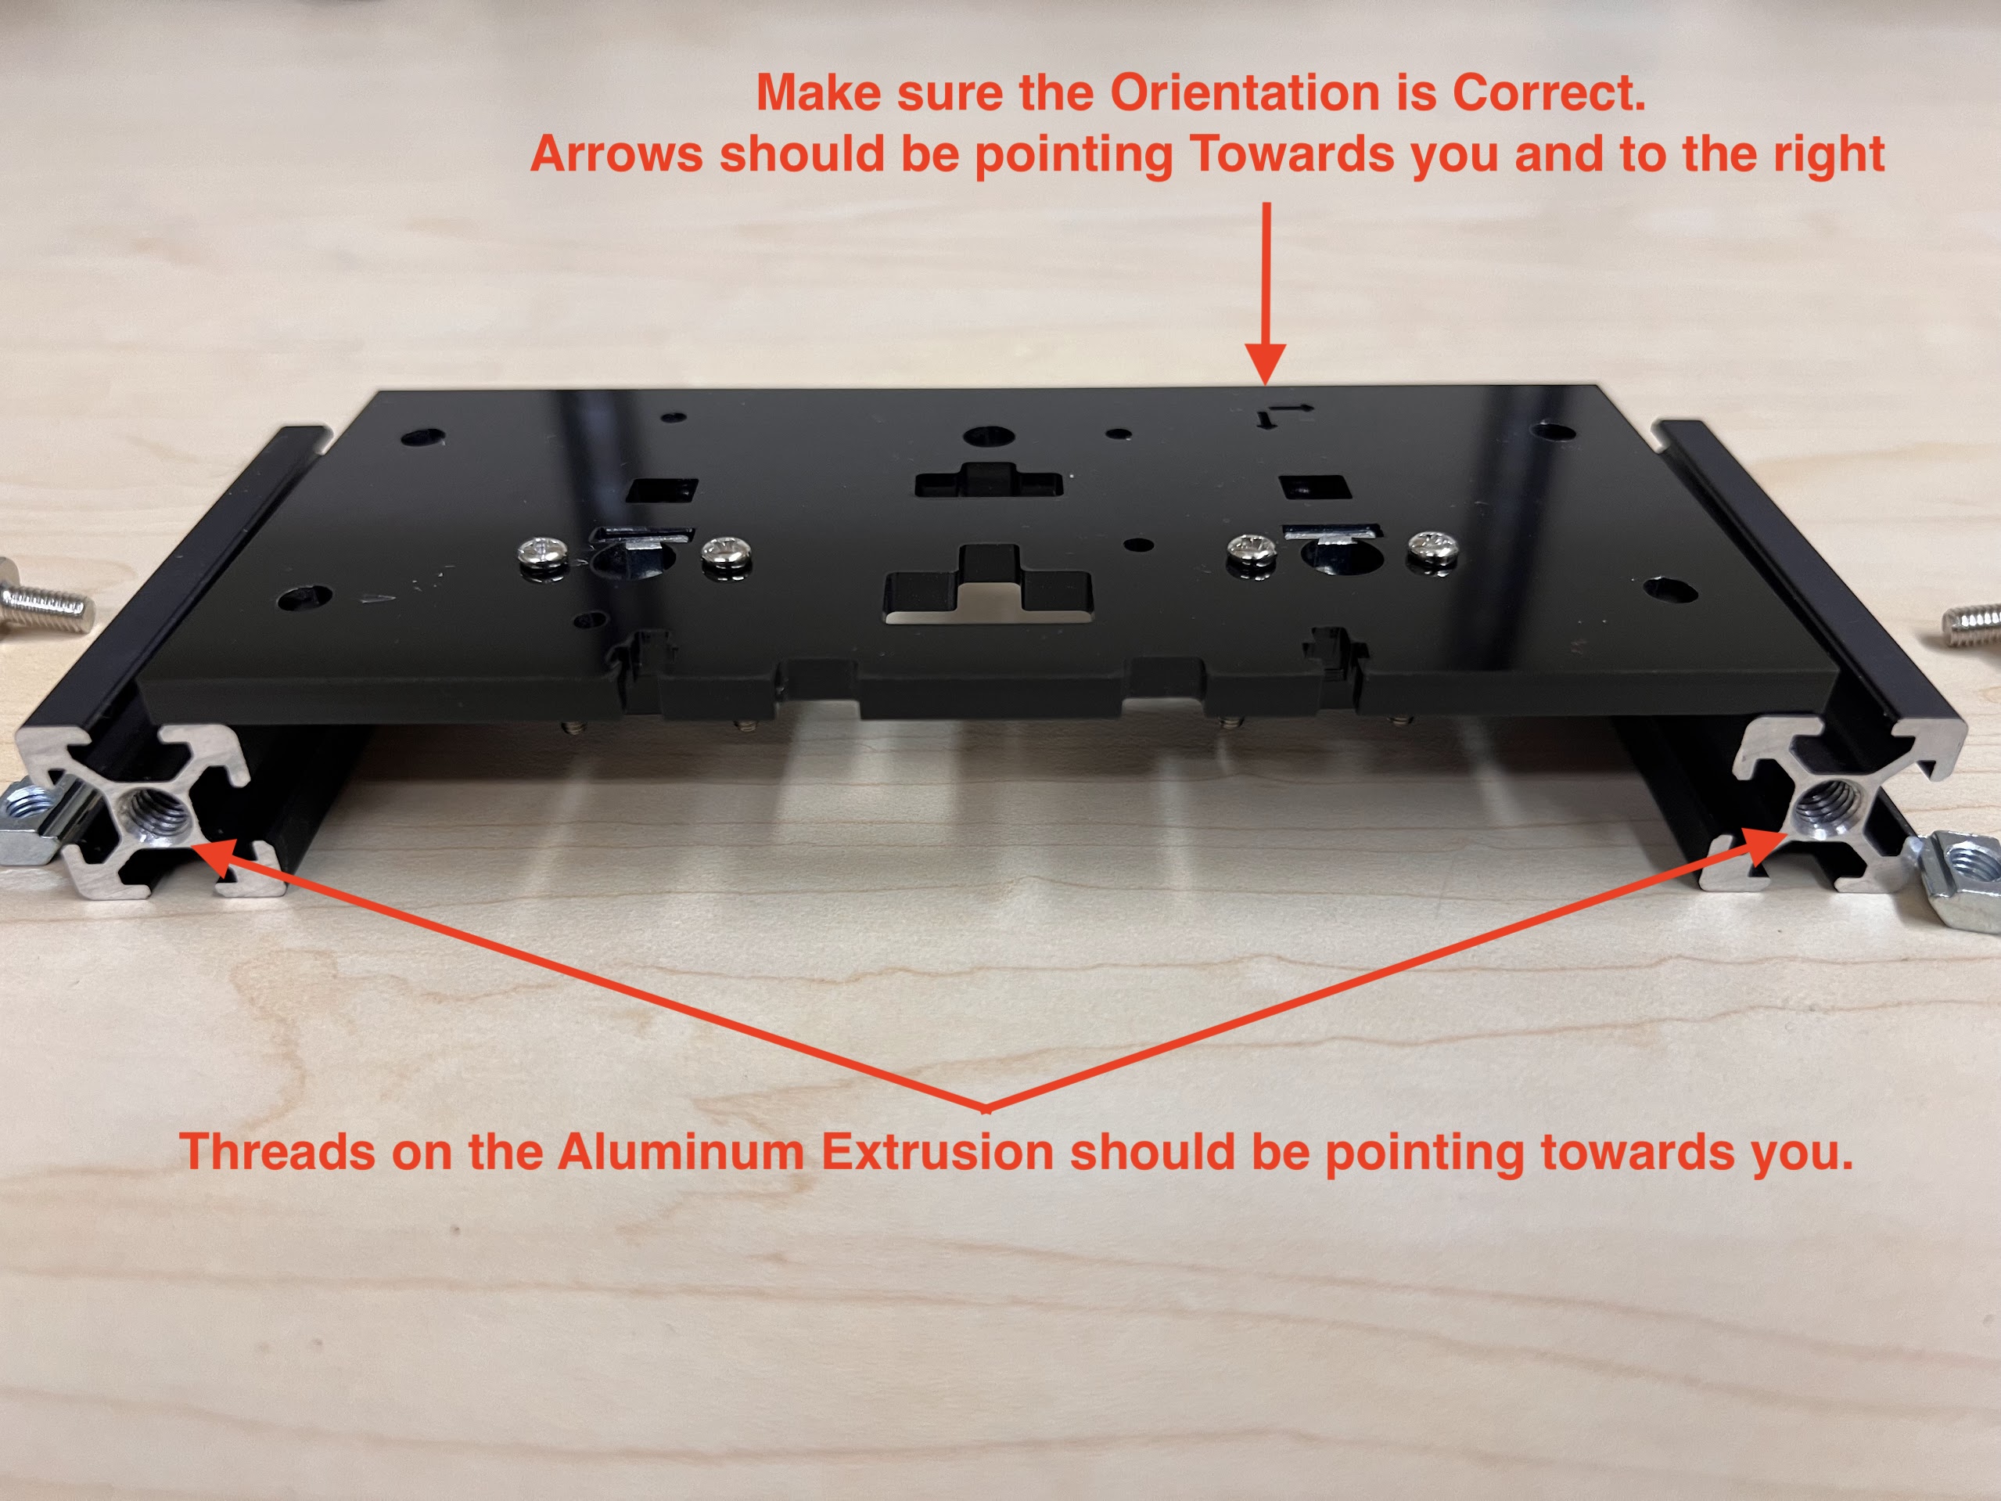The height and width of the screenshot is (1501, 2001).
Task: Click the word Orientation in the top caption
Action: tap(1245, 92)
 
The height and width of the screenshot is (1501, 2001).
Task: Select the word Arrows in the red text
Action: tap(616, 154)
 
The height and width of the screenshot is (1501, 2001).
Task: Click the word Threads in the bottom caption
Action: tap(277, 1152)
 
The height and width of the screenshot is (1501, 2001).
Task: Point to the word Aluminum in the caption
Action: tap(681, 1152)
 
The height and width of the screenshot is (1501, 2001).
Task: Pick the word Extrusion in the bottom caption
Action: tap(937, 1152)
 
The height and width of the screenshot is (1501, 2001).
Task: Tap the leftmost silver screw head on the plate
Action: tap(543, 551)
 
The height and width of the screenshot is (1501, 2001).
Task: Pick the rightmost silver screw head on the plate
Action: tap(1433, 549)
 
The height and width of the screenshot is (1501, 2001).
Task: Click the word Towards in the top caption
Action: tap(1291, 154)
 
